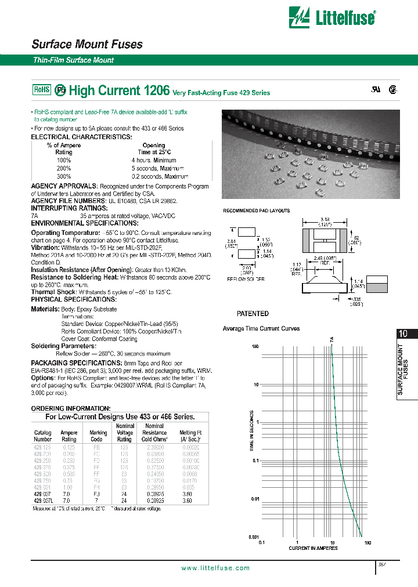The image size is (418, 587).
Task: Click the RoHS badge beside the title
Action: [x=41, y=90]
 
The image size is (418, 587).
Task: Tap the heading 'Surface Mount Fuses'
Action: [x=87, y=44]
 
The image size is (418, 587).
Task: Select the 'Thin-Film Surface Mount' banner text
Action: [x=74, y=60]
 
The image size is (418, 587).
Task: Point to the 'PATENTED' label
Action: [x=253, y=313]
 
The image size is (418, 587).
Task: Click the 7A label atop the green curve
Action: [x=332, y=339]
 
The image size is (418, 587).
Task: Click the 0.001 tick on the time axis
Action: [x=254, y=537]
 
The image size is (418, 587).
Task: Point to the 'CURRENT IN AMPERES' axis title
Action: [x=314, y=548]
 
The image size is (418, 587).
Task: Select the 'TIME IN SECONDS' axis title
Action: [x=251, y=430]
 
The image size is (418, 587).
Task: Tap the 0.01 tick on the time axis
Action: [x=255, y=499]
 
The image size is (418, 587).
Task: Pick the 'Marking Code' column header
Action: [x=98, y=436]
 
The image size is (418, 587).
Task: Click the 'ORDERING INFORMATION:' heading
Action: [x=70, y=408]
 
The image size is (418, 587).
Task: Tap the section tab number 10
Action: [x=403, y=334]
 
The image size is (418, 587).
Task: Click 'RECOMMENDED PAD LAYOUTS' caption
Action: [x=257, y=211]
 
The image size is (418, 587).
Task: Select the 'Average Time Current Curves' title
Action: [x=261, y=328]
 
